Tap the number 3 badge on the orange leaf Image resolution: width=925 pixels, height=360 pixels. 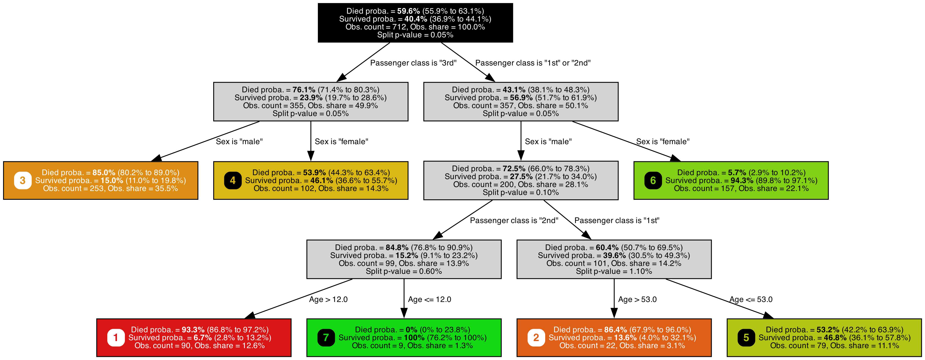[23, 180]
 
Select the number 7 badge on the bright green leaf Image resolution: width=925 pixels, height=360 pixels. [326, 338]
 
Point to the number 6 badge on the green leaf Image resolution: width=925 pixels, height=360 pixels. [653, 180]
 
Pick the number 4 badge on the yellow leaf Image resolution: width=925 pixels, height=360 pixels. [233, 180]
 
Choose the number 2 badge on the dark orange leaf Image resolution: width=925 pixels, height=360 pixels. [536, 338]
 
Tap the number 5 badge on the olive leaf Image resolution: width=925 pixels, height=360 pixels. [746, 338]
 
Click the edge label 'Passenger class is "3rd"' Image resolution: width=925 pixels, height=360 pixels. [413, 63]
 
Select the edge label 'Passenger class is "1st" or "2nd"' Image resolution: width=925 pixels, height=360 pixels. [533, 63]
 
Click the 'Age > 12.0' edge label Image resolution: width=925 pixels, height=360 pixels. [328, 299]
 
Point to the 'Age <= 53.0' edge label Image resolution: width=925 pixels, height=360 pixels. [751, 299]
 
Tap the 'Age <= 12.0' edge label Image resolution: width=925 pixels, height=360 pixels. [430, 299]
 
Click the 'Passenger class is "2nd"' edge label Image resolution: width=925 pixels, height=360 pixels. [514, 220]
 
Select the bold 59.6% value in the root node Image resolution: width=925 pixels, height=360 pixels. [408, 11]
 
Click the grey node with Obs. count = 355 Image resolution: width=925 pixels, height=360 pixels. [311, 102]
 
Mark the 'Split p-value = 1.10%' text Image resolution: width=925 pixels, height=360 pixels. [614, 271]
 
